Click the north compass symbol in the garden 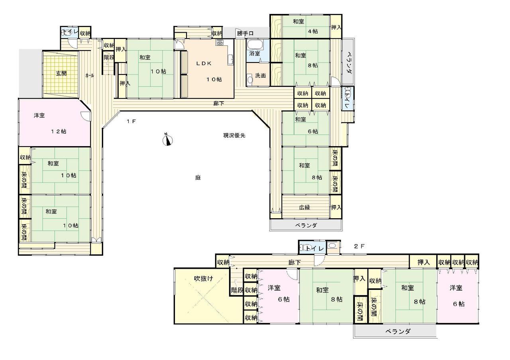coord(167,140)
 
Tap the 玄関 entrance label coord(61,74)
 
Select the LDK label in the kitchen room coord(204,63)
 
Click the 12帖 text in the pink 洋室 coord(59,131)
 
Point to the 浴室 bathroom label coord(255,53)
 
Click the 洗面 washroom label coord(260,76)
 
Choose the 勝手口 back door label coord(245,33)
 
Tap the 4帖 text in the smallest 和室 coord(313,31)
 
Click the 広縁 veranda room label coord(304,207)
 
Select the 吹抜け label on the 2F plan coord(204,278)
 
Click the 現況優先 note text coord(234,136)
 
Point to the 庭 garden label coord(198,178)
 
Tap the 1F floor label coord(131,121)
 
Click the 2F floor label coord(359,246)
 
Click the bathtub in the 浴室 coord(255,45)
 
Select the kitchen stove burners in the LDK coord(220,42)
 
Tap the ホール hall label coord(90,76)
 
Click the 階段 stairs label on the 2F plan coord(237,290)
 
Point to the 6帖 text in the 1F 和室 coord(313,131)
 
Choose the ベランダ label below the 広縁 coord(306,225)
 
